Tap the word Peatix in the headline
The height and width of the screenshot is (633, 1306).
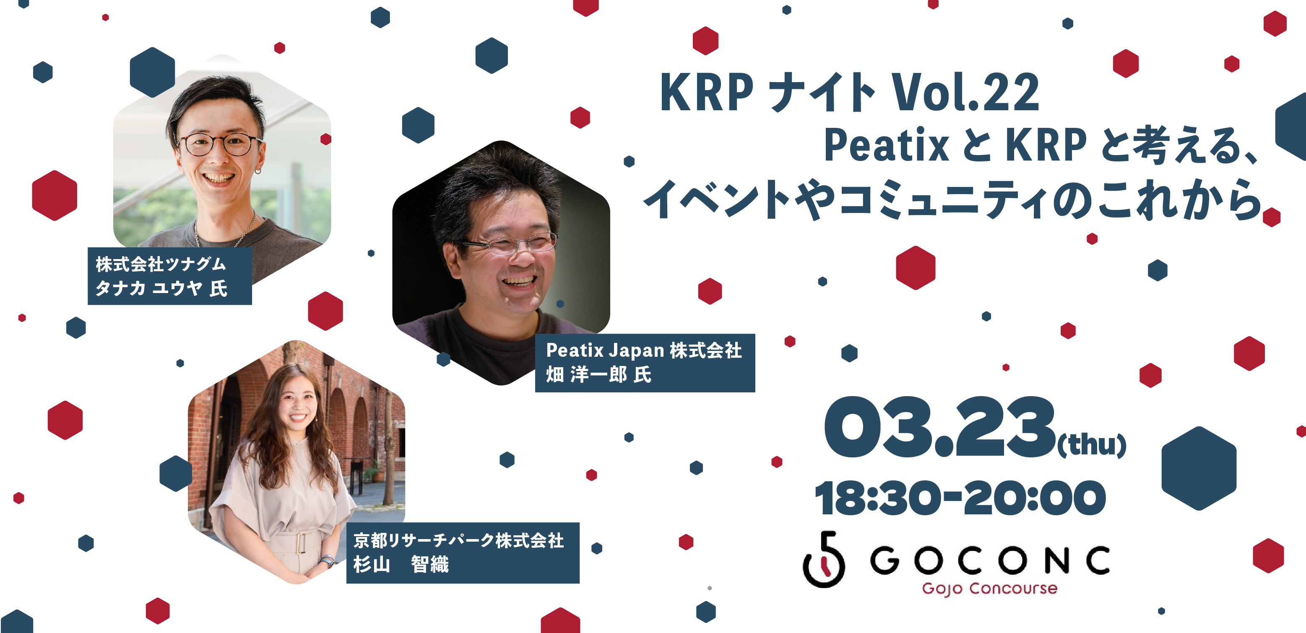tap(886, 145)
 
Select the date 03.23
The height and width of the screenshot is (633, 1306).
tap(939, 427)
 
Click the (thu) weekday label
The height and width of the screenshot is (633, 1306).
tap(1092, 444)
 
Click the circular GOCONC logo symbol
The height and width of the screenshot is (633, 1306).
tap(824, 560)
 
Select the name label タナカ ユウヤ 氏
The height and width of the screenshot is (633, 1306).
tap(161, 288)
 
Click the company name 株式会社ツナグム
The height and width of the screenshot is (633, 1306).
tap(161, 264)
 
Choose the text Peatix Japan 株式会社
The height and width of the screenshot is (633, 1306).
tap(644, 350)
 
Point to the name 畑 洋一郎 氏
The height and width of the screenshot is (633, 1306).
tap(598, 374)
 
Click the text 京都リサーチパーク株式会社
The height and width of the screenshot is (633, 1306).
tap(458, 540)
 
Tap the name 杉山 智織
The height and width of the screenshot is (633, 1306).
tap(401, 564)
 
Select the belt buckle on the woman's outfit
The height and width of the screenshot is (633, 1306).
tap(301, 543)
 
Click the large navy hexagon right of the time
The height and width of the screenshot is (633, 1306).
tap(1199, 468)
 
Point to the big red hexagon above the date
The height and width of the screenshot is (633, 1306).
tap(916, 267)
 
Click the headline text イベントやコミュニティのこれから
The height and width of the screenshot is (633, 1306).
tap(954, 199)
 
